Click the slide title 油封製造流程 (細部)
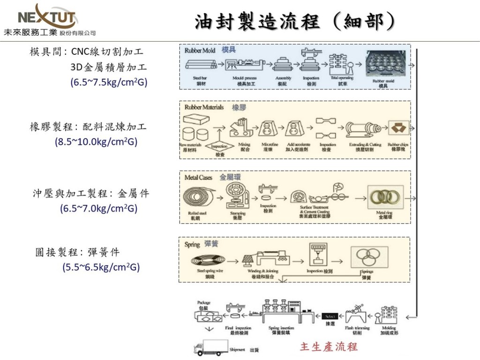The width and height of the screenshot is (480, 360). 294,21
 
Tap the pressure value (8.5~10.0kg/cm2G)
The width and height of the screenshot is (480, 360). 96,142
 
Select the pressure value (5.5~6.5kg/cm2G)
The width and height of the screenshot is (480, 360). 101,267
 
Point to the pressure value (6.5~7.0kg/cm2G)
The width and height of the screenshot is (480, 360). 98,209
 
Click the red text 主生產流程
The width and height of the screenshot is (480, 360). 329,346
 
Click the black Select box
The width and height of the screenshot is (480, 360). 330,316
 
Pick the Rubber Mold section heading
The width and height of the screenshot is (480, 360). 200,50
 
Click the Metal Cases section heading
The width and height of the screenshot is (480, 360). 198,178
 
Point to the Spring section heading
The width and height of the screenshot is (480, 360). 192,244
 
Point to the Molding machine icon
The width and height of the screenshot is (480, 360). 389,315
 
